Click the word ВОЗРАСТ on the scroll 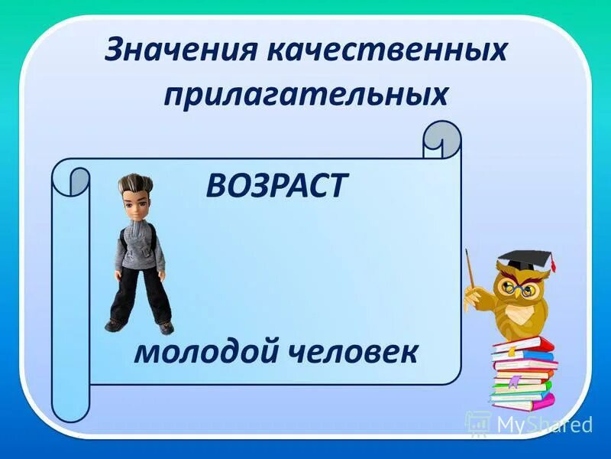click(x=276, y=186)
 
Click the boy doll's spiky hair click(x=135, y=186)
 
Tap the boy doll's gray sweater click(x=138, y=245)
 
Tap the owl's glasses click(x=515, y=290)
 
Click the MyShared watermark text click(x=544, y=423)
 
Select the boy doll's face click(x=135, y=204)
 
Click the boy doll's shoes click(x=141, y=325)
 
